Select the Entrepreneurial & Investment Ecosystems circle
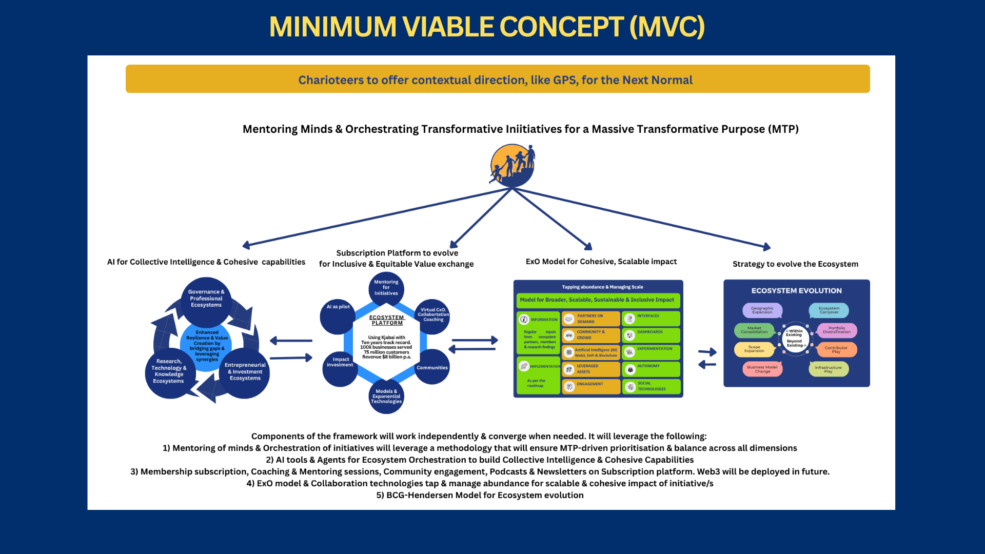[245, 372]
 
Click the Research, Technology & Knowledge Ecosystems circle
[169, 372]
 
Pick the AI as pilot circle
[338, 315]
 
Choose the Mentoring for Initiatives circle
[386, 288]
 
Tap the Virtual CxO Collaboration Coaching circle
[432, 315]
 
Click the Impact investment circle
[340, 368]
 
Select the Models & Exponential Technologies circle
[386, 397]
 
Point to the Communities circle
[432, 367]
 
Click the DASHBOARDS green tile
[651, 335]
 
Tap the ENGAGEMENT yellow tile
[591, 386]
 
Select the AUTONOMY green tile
[651, 369]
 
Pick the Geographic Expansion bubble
[762, 310]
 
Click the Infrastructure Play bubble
[829, 369]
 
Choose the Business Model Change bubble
[762, 369]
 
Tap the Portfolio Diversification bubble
[837, 330]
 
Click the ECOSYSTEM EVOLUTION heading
[796, 291]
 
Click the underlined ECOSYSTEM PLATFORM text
[387, 320]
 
